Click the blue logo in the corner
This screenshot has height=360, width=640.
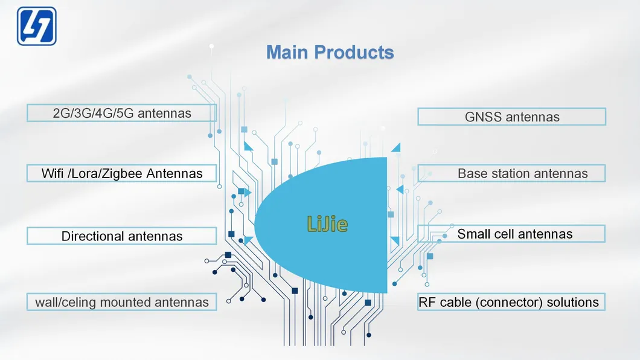point(37,26)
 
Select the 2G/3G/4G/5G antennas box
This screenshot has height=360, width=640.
point(121,113)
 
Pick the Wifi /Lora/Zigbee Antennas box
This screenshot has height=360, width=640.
point(121,173)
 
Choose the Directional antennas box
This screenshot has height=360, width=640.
point(121,236)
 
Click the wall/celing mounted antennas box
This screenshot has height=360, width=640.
point(121,302)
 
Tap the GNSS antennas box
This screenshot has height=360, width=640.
point(511,117)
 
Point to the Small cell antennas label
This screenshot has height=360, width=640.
point(514,234)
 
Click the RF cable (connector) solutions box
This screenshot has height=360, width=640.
point(511,302)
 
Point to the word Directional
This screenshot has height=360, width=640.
point(91,236)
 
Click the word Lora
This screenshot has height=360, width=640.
point(90,174)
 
